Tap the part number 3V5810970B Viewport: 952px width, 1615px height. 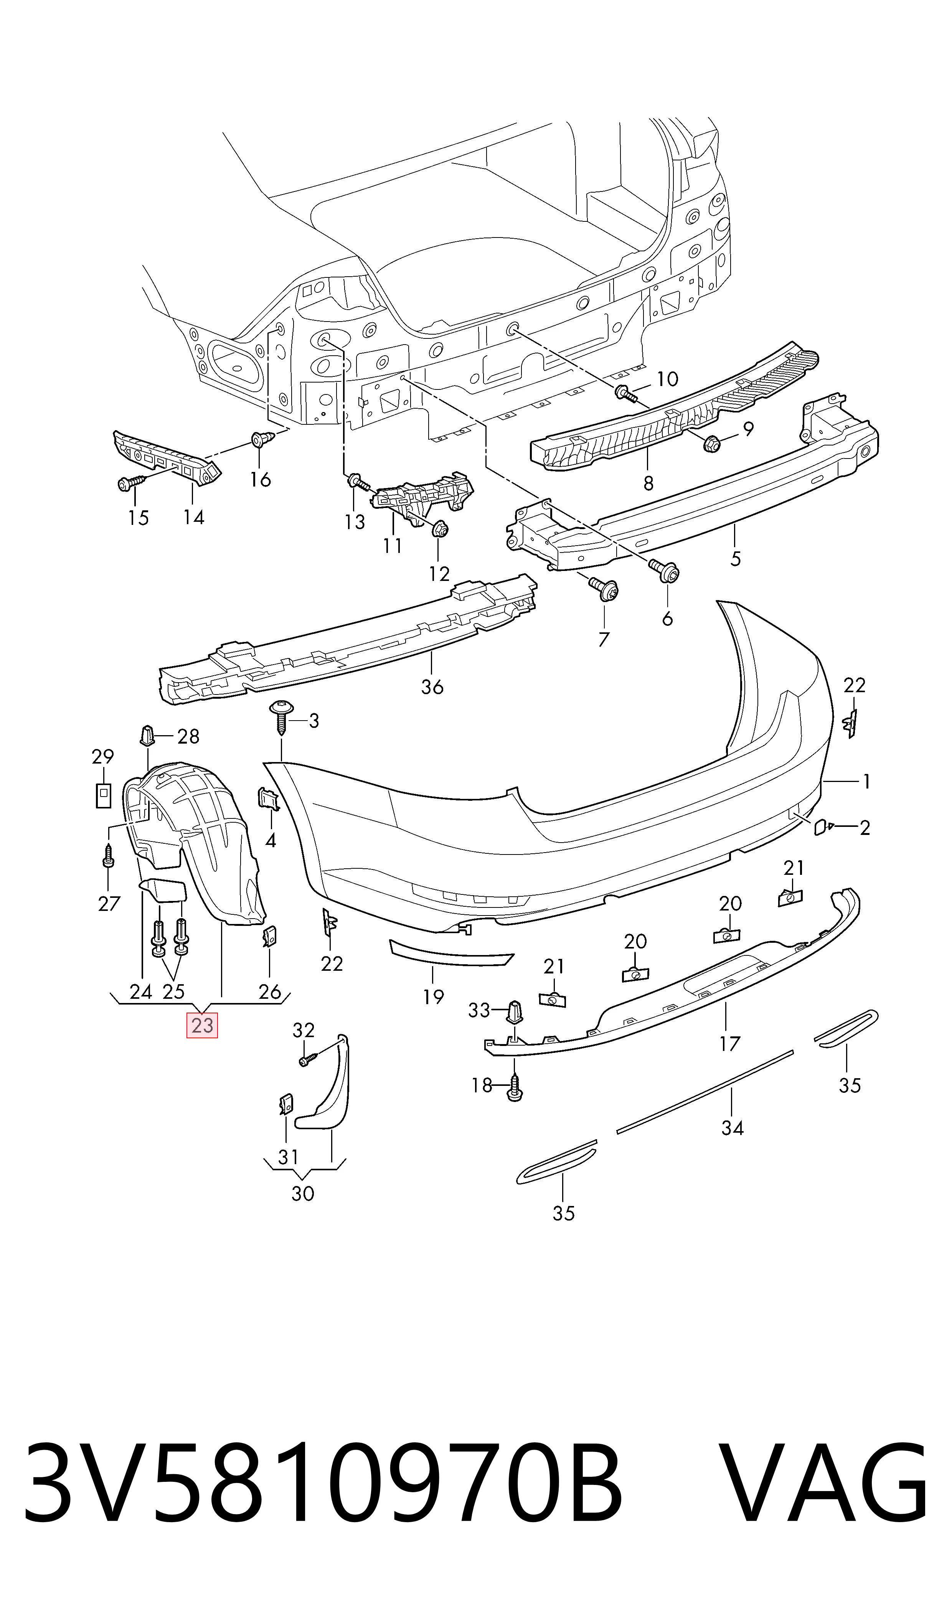[324, 1481]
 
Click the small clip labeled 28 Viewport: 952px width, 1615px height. [147, 735]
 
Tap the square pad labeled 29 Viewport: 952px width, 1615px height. [102, 795]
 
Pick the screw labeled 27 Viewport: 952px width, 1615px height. [109, 856]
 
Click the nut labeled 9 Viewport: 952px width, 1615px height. [710, 442]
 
